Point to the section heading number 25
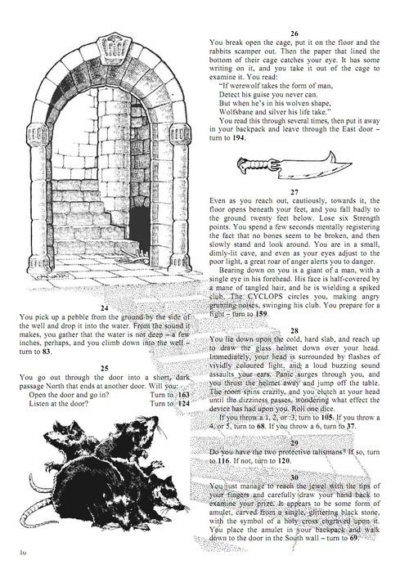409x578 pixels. pyautogui.click(x=105, y=368)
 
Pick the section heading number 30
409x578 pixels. pyautogui.click(x=294, y=477)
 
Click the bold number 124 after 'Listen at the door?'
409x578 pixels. pyautogui.click(x=183, y=403)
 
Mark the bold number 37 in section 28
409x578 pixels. pyautogui.click(x=351, y=427)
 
